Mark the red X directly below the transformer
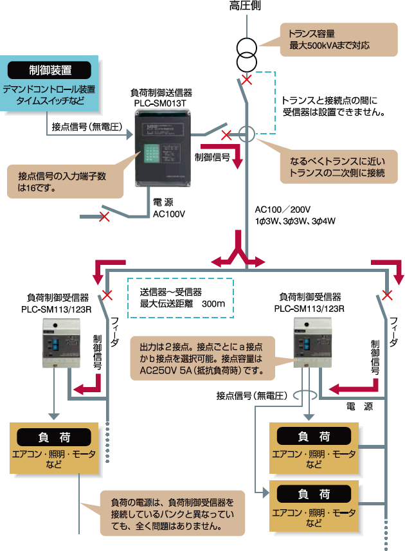click(246, 80)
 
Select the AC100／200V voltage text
click(283, 210)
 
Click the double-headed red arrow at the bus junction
click(239, 258)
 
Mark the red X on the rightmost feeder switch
click(387, 295)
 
